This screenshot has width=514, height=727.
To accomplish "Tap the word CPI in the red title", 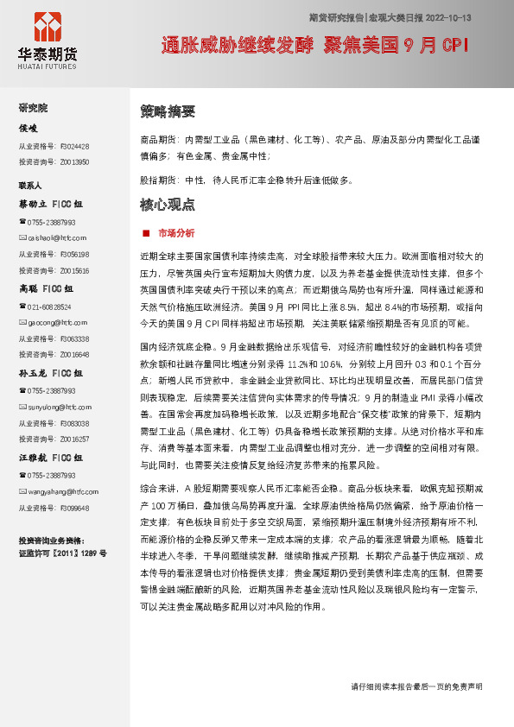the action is pyautogui.click(x=453, y=46).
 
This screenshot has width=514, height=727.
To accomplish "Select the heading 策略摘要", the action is pyautogui.click(x=167, y=111).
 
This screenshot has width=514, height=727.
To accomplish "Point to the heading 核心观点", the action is pyautogui.click(x=167, y=205).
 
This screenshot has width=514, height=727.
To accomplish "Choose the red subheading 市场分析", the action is pyautogui.click(x=176, y=233).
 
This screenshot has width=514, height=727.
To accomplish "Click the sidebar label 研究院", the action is pyautogui.click(x=34, y=108).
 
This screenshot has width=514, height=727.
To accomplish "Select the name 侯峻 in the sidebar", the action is pyautogui.click(x=29, y=128).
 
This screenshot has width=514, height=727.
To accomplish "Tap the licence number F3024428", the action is pyautogui.click(x=75, y=146).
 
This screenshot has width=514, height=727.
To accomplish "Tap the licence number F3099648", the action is pyautogui.click(x=75, y=508).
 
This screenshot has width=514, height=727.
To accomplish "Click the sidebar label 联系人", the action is pyautogui.click(x=31, y=185).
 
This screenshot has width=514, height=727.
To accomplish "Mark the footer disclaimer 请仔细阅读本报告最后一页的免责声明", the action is pyautogui.click(x=416, y=686).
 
